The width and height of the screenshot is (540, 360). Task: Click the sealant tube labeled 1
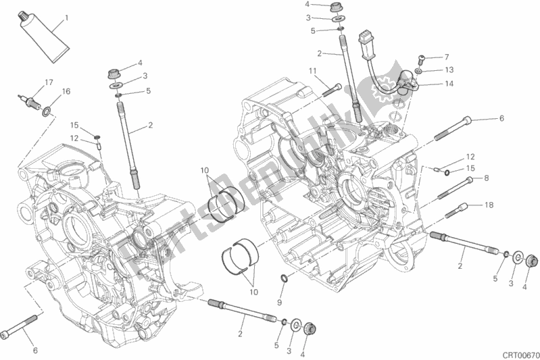click(43, 37)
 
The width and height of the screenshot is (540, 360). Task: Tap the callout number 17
click(49, 82)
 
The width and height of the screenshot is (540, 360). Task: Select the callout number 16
click(66, 91)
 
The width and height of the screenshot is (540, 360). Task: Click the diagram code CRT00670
click(520, 355)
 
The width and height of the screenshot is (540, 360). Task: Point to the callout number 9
click(279, 303)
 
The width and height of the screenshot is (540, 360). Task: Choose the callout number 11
click(312, 71)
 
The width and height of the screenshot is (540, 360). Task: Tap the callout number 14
click(449, 84)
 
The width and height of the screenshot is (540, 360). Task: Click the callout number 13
click(449, 70)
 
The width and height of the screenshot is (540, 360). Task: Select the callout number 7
click(447, 57)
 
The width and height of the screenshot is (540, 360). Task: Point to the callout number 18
click(489, 205)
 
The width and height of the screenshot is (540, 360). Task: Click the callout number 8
click(487, 178)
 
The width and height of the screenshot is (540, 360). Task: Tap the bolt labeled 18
click(456, 211)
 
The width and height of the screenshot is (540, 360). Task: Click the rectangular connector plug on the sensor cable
click(366, 44)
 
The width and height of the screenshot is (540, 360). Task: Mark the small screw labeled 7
click(421, 59)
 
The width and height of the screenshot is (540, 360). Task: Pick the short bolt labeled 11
click(332, 89)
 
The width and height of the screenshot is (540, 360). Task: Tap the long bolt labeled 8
click(456, 188)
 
